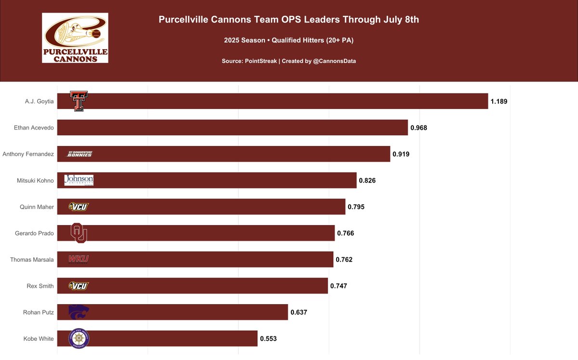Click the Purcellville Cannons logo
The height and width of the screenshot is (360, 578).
75,38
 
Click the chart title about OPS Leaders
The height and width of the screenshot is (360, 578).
289,20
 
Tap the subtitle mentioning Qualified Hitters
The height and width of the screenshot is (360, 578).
289,40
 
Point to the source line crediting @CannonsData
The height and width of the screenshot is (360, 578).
289,61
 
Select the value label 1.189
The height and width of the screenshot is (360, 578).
499,102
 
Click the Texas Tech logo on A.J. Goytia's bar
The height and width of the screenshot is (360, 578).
79,101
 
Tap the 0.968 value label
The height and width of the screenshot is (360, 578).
419,128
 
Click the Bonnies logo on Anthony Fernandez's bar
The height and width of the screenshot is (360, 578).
79,154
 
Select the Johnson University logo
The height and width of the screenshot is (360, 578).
79,180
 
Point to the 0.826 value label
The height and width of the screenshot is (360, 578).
367,181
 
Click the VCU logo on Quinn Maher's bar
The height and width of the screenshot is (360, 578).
79,207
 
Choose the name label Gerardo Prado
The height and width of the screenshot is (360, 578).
35,233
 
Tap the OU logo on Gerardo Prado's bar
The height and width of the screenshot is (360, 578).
79,233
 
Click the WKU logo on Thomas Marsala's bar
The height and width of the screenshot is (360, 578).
79,259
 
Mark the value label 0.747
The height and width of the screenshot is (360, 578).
339,286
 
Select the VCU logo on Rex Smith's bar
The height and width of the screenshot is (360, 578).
79,286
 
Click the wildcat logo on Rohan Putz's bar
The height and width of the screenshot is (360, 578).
79,312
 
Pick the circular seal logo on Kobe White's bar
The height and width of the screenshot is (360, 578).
79,338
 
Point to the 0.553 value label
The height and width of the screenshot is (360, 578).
268,339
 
